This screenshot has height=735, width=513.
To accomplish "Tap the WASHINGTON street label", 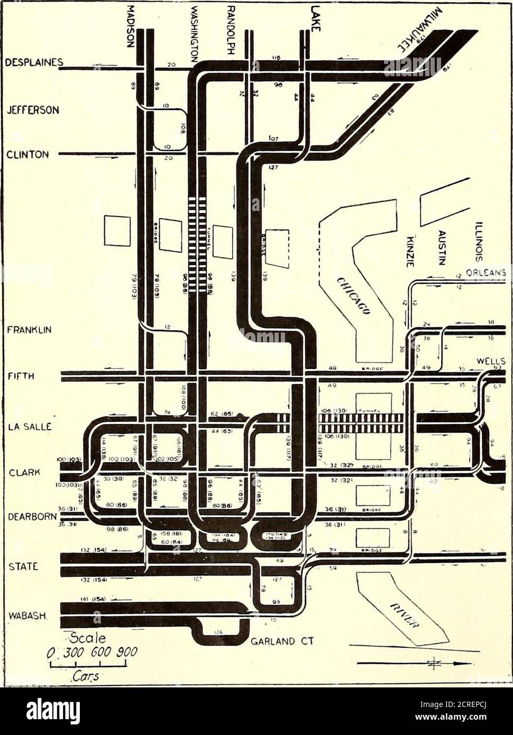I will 195,31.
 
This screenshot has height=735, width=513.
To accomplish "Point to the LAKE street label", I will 315,19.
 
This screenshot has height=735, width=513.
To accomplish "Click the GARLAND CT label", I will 282,641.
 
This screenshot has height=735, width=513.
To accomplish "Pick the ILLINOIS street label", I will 479,241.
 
